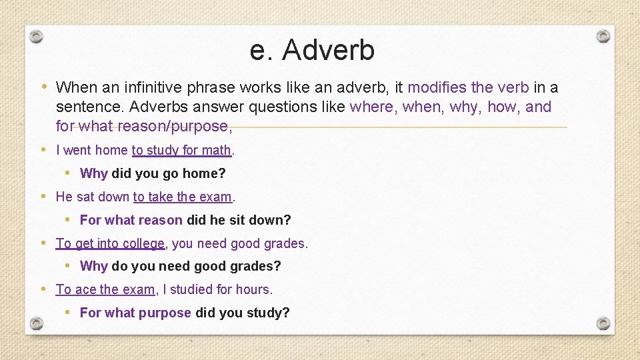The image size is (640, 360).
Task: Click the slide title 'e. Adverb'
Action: (x=312, y=50)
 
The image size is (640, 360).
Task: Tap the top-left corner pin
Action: (x=37, y=36)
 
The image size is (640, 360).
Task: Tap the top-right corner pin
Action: (x=603, y=36)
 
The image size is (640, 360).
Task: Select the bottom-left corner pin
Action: (x=37, y=324)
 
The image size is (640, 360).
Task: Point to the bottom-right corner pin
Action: (x=603, y=324)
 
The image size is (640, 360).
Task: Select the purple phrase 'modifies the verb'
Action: (x=468, y=87)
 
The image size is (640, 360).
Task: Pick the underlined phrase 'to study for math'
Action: (x=181, y=151)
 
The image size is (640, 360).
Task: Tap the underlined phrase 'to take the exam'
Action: (x=183, y=197)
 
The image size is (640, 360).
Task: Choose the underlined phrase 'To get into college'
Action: (x=110, y=244)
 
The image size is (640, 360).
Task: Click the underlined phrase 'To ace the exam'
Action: (x=105, y=290)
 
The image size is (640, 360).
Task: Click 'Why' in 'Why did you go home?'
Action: (x=93, y=174)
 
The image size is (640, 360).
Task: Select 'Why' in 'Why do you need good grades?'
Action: (x=93, y=267)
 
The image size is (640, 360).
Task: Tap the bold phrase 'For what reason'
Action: (x=131, y=220)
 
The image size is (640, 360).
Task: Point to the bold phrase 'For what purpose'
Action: (x=135, y=313)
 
